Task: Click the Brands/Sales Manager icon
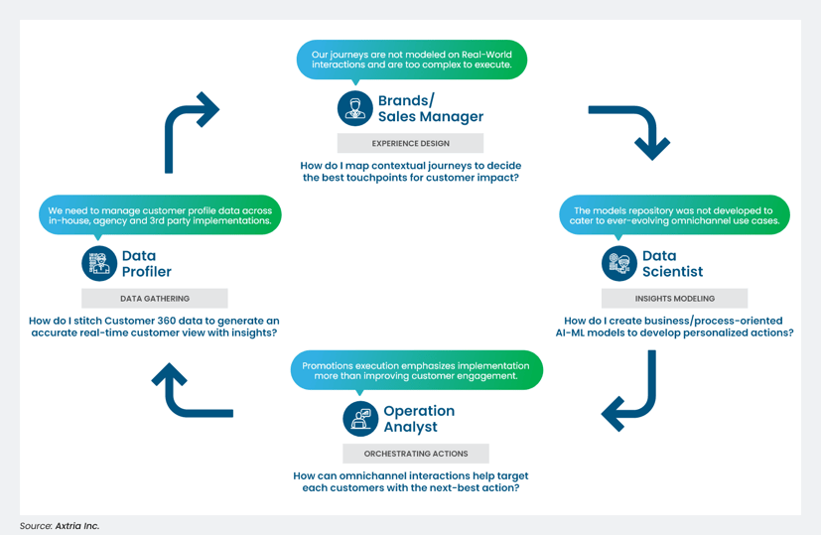tap(354, 108)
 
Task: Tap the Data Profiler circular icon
tap(99, 264)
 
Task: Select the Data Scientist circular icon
tap(619, 263)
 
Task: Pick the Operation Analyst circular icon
tap(360, 419)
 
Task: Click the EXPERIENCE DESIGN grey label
tap(410, 143)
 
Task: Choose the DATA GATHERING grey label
tap(155, 298)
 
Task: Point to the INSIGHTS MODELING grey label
tap(674, 298)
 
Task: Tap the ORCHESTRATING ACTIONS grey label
tap(416, 454)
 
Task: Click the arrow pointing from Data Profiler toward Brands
tap(188, 128)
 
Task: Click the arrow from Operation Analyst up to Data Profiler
tap(189, 393)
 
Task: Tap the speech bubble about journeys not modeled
tap(411, 60)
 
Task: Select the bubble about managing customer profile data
tap(160, 215)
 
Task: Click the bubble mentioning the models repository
tap(674, 215)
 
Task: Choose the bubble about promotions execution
tap(416, 370)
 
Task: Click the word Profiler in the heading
tap(146, 272)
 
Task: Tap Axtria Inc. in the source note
tap(77, 526)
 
